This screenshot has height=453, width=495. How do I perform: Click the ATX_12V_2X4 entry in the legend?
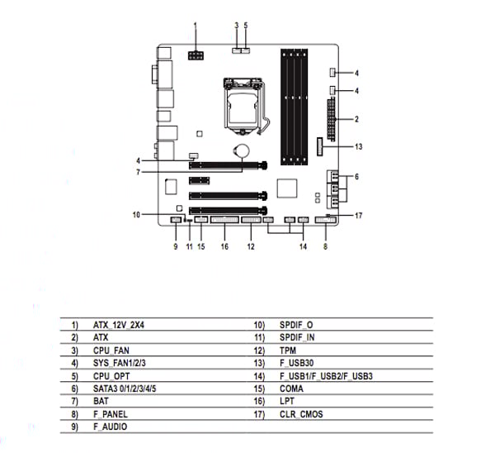pyautogui.click(x=119, y=325)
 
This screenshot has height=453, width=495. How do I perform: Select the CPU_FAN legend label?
pyautogui.click(x=111, y=350)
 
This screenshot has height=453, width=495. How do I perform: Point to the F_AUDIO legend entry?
pyautogui.click(x=111, y=426)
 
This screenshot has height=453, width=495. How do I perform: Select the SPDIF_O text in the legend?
pyautogui.click(x=295, y=325)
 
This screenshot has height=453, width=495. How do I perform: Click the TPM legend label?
pyautogui.click(x=288, y=350)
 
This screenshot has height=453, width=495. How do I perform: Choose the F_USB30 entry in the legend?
pyautogui.click(x=296, y=363)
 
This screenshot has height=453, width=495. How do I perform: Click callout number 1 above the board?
pyautogui.click(x=196, y=26)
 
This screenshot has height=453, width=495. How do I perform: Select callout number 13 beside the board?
pyautogui.click(x=358, y=146)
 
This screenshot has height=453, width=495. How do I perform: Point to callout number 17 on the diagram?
pyautogui.click(x=358, y=216)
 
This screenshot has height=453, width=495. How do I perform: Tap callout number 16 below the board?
pyautogui.click(x=223, y=246)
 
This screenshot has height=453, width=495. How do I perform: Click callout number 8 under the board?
pyautogui.click(x=325, y=246)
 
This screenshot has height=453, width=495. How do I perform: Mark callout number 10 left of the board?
pyautogui.click(x=136, y=215)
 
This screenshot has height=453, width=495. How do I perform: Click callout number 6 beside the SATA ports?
pyautogui.click(x=356, y=177)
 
